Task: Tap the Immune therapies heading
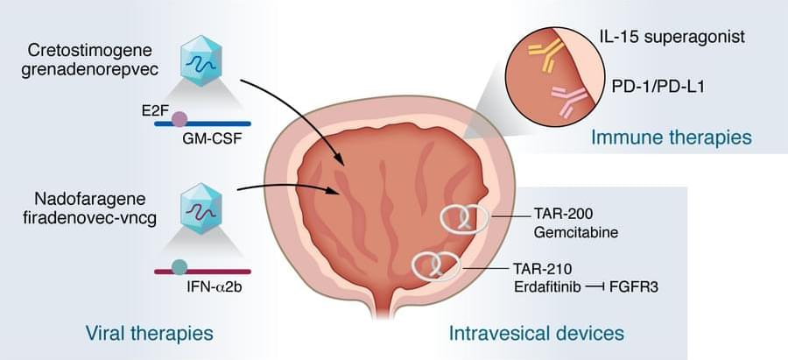[x=672, y=138]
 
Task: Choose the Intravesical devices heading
[x=536, y=333]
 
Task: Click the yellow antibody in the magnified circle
[x=545, y=56]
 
